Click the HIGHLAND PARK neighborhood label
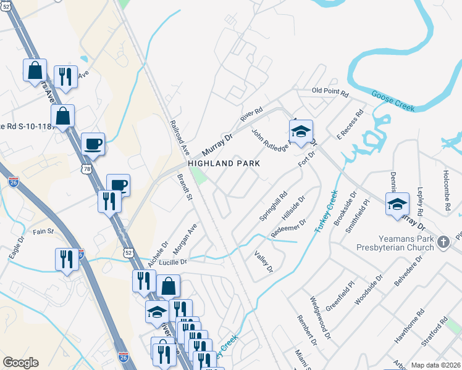pos(224,163)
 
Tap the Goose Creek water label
pos(392,101)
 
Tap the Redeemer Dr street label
pos(288,229)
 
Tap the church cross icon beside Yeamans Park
pos(443,244)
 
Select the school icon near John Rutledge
pos(301,131)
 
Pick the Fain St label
pos(44,232)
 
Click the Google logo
pos(20,363)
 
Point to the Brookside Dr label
pos(344,208)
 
